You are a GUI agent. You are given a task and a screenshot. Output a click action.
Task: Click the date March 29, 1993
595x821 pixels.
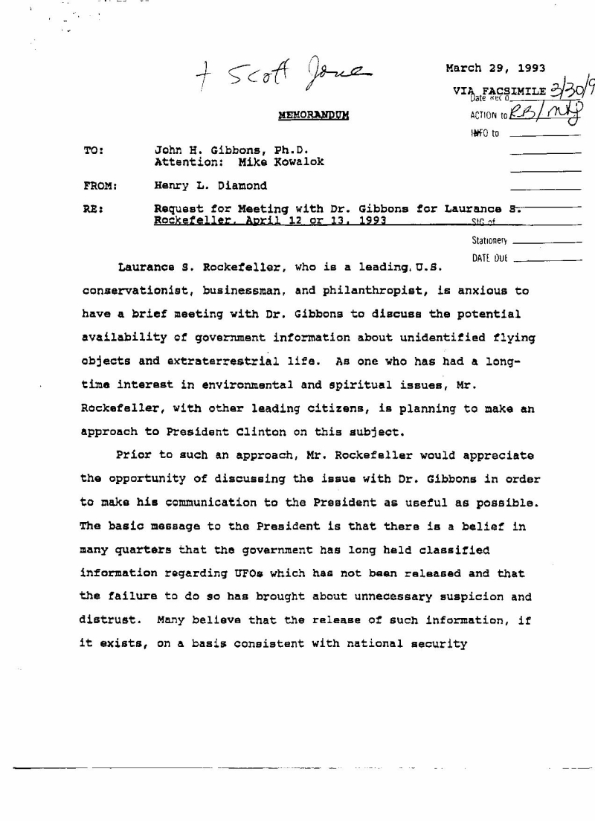495,68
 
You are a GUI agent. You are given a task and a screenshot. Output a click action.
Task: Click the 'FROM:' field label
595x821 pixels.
100,186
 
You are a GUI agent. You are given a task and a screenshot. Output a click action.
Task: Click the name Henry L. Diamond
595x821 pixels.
210,186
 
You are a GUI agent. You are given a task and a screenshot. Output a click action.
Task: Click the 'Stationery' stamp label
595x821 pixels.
489,241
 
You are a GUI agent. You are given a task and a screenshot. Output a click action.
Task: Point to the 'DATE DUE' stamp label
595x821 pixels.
489,259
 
